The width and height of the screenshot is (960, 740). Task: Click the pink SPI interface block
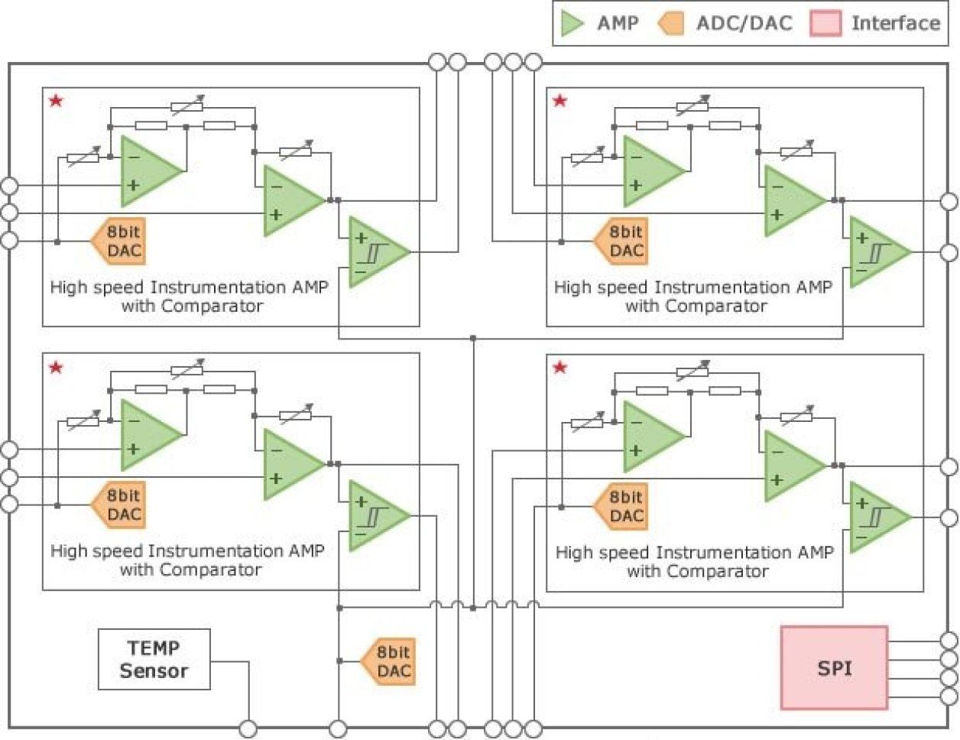pos(834,668)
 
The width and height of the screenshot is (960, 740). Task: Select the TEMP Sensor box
pos(154,659)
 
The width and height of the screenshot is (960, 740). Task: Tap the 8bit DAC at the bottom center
pos(389,661)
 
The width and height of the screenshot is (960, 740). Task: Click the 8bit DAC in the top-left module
pos(119,242)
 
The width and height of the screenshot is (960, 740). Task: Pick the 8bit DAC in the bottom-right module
pos(622,507)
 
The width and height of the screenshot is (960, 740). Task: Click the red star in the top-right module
pos(560,100)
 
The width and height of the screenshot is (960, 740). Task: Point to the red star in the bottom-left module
pos(56,368)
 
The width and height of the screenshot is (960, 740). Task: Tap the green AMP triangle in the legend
pos(571,23)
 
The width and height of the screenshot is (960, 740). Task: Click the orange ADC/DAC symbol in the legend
pos(671,23)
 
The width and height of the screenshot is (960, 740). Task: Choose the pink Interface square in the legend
pos(825,23)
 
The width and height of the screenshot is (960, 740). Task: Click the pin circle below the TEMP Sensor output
pos(248,729)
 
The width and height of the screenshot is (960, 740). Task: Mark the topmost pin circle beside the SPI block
pos(949,641)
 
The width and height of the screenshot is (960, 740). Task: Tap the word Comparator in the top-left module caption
pos(212,307)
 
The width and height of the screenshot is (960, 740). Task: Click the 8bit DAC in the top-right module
pos(622,242)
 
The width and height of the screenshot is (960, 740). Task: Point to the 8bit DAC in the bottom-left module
pos(119,505)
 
